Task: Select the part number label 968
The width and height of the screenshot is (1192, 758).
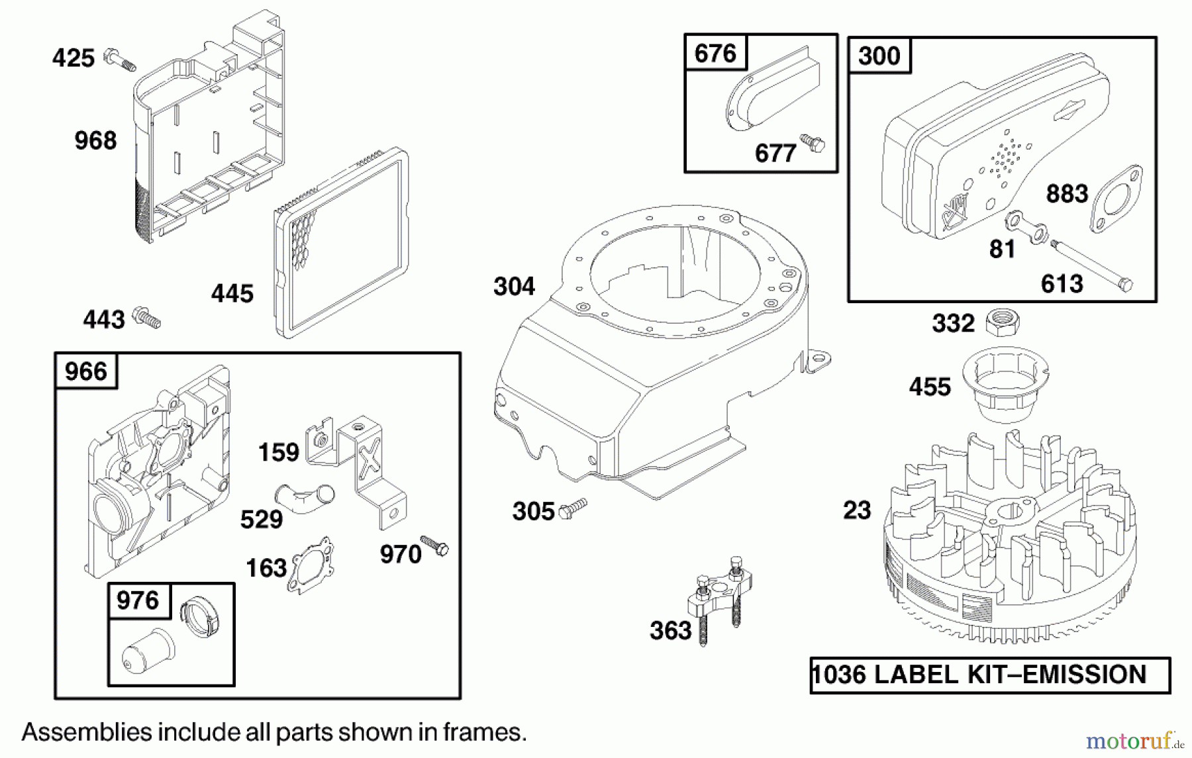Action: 95,140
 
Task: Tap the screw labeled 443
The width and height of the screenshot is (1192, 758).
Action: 147,318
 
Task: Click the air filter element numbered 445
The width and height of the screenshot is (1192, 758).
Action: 341,244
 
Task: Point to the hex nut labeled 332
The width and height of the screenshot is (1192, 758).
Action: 1002,322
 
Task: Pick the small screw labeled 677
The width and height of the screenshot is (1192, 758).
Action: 813,143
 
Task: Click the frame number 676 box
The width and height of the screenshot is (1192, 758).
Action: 715,53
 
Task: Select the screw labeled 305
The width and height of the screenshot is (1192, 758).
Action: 573,508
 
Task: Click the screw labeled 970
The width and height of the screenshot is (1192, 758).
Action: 434,545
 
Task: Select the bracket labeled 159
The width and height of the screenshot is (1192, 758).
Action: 358,463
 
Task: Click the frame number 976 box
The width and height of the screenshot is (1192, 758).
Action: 138,600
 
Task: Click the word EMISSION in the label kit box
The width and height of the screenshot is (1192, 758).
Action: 1084,675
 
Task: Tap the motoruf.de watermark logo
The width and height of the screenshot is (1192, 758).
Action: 1134,740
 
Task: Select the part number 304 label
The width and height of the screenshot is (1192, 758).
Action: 514,287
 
